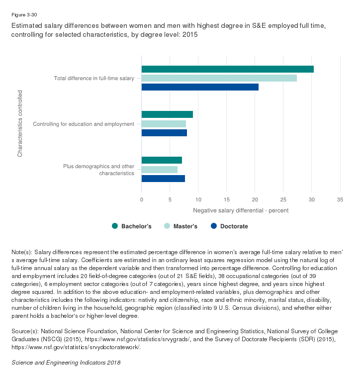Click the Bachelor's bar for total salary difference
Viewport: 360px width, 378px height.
(x=227, y=69)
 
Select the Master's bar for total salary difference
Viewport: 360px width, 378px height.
(x=219, y=78)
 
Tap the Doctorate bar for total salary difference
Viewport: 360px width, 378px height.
(x=200, y=87)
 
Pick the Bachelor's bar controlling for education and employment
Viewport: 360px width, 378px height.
(x=167, y=114)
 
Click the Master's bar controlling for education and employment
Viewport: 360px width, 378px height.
(x=164, y=123)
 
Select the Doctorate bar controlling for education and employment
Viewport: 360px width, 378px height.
(x=164, y=133)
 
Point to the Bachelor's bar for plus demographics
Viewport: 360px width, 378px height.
(x=162, y=160)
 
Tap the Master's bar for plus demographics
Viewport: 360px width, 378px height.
(x=159, y=170)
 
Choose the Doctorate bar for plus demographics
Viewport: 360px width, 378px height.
(x=163, y=179)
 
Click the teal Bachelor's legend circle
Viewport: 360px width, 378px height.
(x=115, y=226)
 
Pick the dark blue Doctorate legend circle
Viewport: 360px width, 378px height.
(x=214, y=226)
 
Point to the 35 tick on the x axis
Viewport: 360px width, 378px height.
(x=340, y=199)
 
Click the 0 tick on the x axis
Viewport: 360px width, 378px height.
(x=142, y=199)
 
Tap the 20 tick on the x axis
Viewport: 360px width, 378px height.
(x=255, y=199)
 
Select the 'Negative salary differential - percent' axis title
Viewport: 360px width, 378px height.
(x=241, y=210)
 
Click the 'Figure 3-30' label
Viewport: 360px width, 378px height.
(x=24, y=14)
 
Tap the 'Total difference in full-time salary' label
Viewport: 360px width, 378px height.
(x=94, y=79)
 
